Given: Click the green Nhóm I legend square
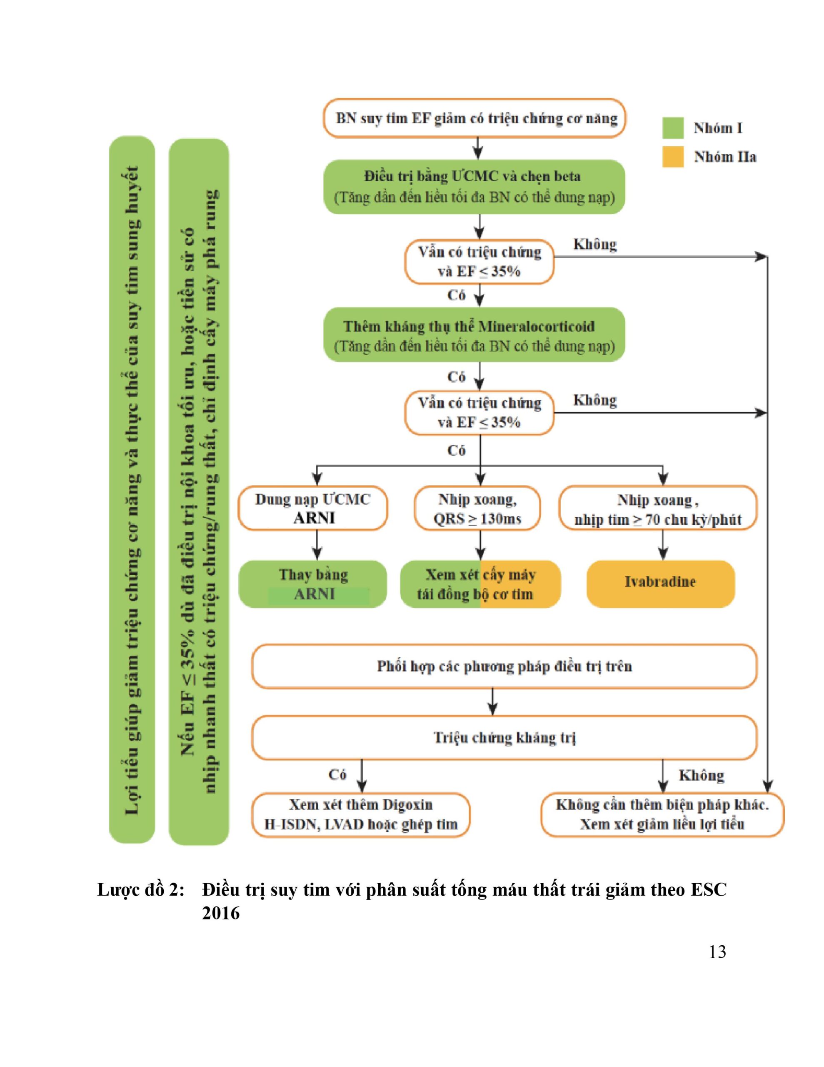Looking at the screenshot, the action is coord(673,128).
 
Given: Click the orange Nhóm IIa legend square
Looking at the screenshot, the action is coord(673,157).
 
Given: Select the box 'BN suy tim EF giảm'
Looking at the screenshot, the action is coord(474,118).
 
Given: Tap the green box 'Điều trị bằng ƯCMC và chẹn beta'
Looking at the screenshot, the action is coord(474,187).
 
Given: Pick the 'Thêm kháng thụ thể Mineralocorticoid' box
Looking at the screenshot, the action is coord(474,336).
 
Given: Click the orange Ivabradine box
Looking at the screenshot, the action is coord(660,584).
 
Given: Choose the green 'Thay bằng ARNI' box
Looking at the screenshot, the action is coord(312,584).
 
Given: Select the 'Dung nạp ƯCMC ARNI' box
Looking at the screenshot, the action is coord(312,508).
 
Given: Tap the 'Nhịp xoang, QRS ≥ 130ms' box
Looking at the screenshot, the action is coord(477,508).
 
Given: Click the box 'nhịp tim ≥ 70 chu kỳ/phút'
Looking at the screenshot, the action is coord(658,508).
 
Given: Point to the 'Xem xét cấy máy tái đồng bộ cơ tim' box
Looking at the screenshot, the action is coord(480,584).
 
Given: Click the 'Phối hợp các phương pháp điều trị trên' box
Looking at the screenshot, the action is coord(504,666).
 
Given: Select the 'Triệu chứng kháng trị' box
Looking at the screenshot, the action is coord(504,738).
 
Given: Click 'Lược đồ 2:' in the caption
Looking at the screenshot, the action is coord(141,890).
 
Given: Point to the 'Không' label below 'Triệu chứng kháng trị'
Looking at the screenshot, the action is coord(702,775).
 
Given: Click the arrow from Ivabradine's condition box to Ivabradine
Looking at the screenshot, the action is coord(663,545).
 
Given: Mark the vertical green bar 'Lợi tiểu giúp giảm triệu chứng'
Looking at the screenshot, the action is coord(132,490).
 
